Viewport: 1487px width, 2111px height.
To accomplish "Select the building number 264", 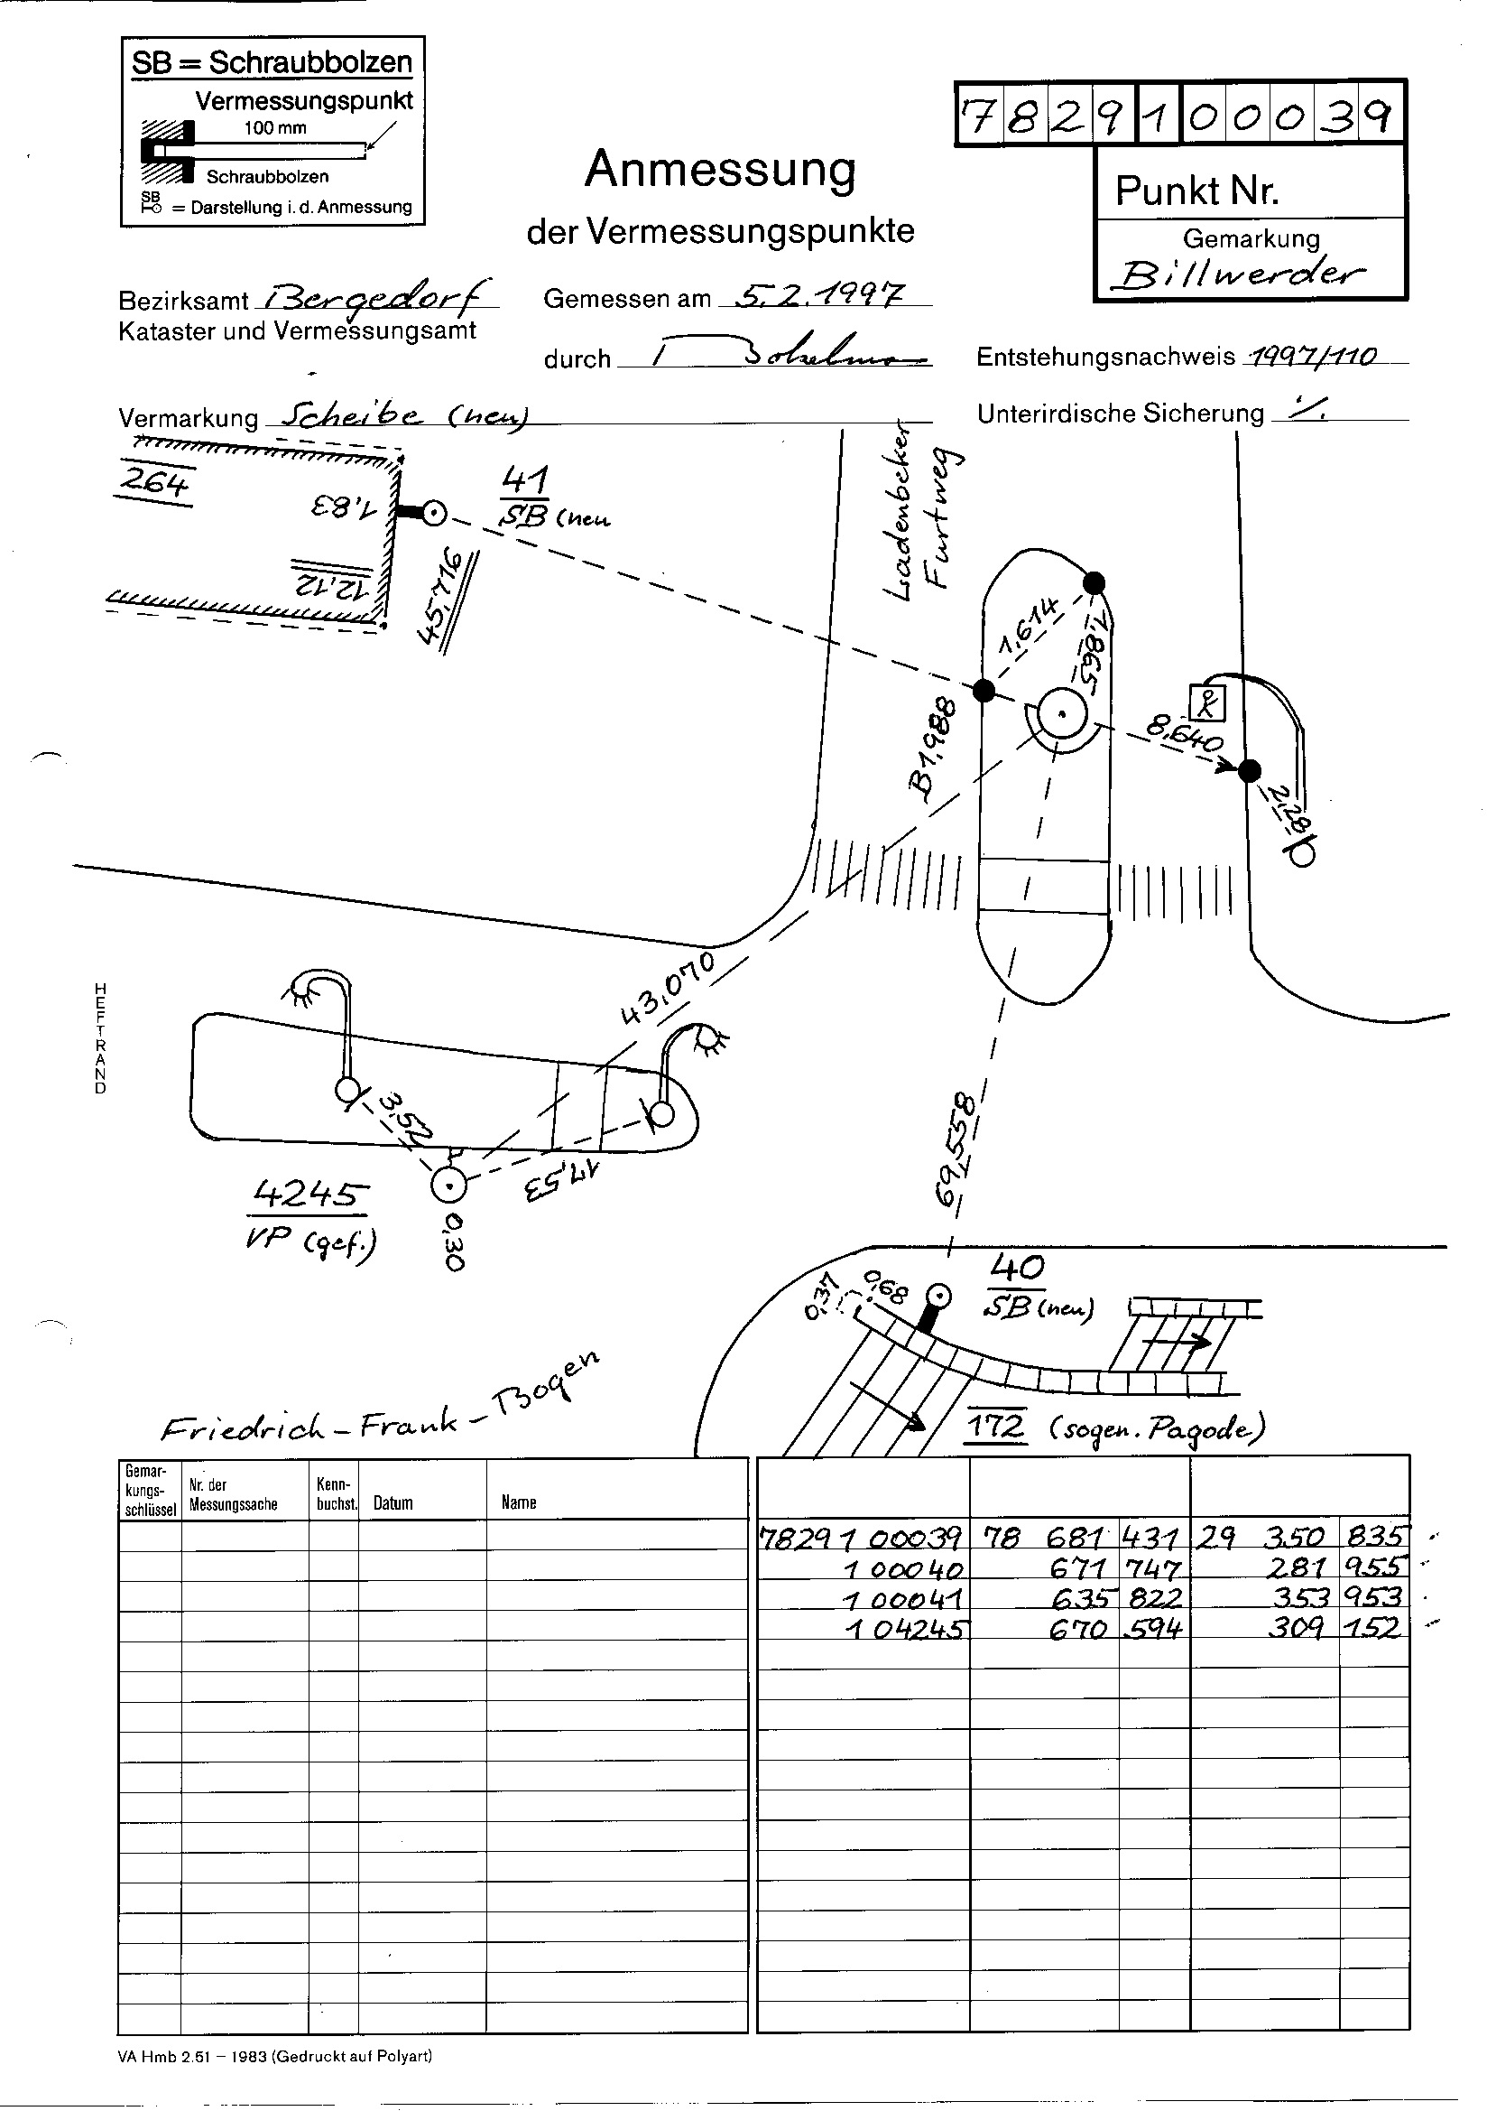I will click(154, 482).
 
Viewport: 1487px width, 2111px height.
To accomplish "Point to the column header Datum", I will click(393, 1503).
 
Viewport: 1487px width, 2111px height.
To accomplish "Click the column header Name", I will click(518, 1502).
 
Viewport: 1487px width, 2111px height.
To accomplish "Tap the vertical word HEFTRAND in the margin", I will click(100, 1038).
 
